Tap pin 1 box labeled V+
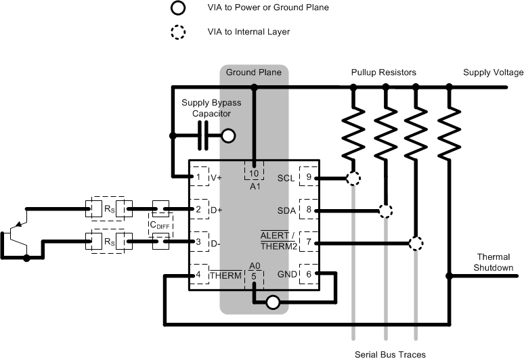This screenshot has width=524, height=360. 198,177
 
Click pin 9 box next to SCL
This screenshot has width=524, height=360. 309,177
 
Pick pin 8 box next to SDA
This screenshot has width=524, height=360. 309,210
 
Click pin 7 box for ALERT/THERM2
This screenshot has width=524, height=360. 309,242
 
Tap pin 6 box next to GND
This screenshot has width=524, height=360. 309,273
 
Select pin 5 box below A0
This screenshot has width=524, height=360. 254,275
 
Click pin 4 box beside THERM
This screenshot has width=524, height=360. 198,274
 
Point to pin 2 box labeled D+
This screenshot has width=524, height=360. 198,210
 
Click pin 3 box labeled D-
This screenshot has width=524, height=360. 198,242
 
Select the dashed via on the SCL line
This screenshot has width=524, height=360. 353,179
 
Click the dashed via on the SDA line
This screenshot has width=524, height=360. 385,210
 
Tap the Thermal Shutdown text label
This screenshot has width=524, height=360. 495,262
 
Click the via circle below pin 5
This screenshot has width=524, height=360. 272,302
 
